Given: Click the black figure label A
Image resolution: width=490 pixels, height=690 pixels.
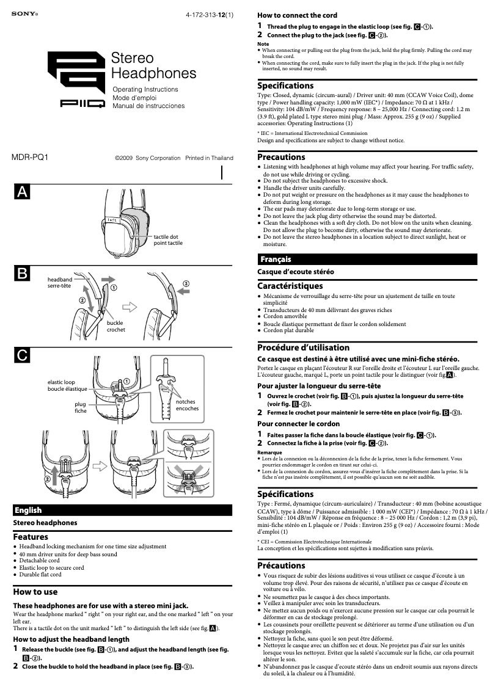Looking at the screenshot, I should click(x=22, y=192).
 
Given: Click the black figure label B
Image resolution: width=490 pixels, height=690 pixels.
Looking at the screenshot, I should click(x=22, y=274).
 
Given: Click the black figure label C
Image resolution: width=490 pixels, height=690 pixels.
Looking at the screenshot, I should click(x=22, y=355).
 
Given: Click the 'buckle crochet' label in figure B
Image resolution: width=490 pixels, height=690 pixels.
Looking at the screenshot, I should click(x=115, y=326).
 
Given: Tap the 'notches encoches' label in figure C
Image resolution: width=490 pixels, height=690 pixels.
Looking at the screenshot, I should click(x=187, y=405).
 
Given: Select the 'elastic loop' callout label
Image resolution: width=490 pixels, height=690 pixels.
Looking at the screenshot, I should click(x=62, y=382).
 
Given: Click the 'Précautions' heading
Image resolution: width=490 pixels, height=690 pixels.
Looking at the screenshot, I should click(x=281, y=565).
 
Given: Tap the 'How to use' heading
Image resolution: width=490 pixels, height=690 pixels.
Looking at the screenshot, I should click(x=35, y=592).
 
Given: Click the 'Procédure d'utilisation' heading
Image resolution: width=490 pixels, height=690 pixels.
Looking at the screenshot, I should click(x=303, y=347).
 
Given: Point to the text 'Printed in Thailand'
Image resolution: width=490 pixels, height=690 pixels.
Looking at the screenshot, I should click(x=209, y=158).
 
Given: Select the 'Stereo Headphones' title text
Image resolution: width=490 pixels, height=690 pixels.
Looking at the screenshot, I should click(x=153, y=66).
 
